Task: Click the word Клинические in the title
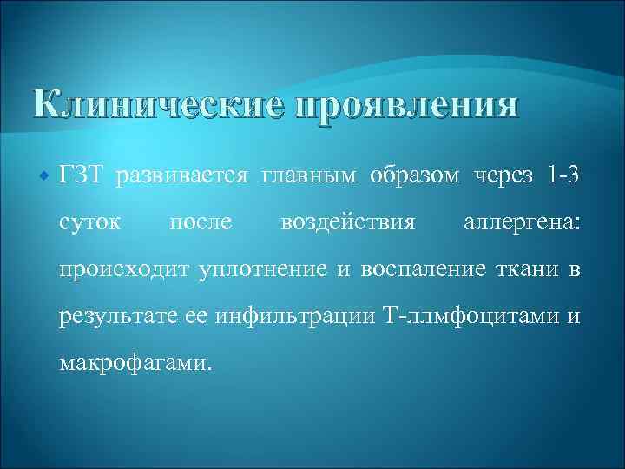click(x=157, y=107)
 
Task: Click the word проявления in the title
click(x=407, y=107)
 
